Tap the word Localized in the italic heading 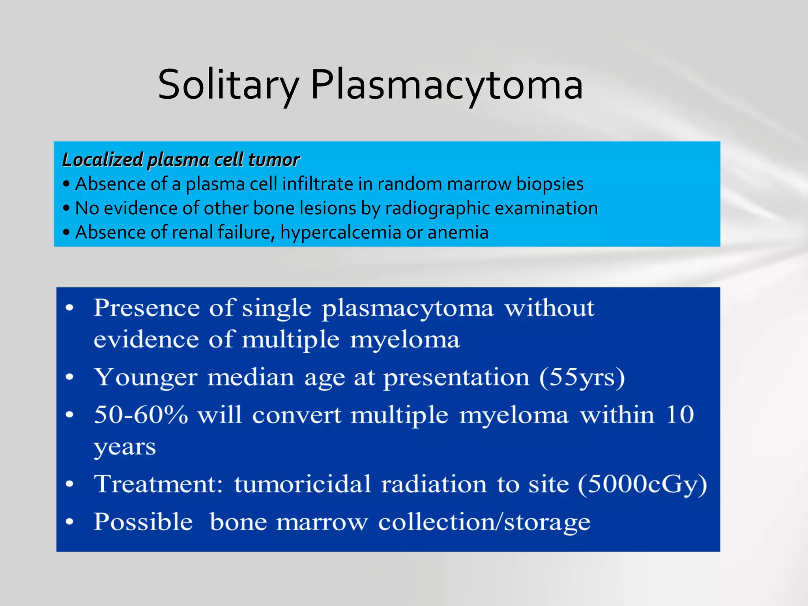tap(102, 160)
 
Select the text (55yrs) tap(582, 377)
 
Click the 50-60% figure tap(141, 415)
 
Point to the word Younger tap(146, 378)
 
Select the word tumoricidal tap(303, 484)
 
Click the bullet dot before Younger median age tap(70, 377)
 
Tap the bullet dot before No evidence tap(66, 208)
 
